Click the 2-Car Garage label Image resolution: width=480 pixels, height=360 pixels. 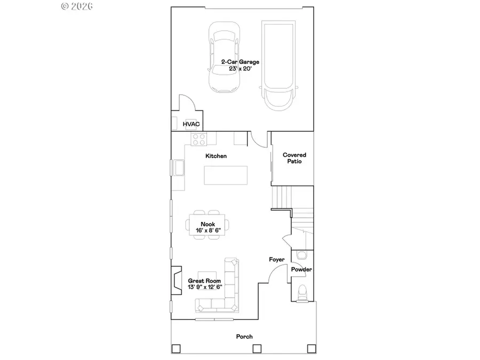click(x=240, y=62)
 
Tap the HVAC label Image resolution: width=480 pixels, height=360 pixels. click(x=191, y=124)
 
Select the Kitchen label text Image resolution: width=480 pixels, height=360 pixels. click(x=217, y=156)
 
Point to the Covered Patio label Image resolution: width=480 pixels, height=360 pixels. click(x=294, y=158)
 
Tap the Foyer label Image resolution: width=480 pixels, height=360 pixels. click(x=276, y=260)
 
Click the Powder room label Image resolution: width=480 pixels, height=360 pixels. click(x=301, y=270)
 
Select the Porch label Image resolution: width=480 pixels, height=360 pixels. click(x=244, y=337)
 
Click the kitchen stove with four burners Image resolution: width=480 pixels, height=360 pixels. click(x=199, y=139)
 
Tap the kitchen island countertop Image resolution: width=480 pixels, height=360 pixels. click(x=226, y=175)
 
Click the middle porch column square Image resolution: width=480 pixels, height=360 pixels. click(x=257, y=349)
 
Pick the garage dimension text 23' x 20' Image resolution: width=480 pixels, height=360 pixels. click(x=240, y=69)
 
